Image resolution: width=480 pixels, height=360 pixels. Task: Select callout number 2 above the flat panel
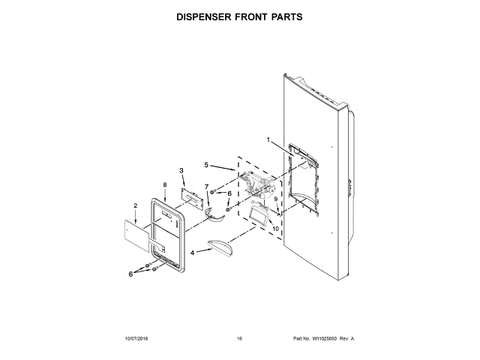(x=135, y=205)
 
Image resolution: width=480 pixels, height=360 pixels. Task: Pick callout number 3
(x=181, y=170)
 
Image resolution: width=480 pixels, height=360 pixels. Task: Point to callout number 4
(x=192, y=253)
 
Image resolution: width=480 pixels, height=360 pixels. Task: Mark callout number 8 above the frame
(x=164, y=184)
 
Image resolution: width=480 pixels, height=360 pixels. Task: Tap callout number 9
(x=275, y=199)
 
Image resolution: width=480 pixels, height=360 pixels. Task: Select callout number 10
(x=275, y=228)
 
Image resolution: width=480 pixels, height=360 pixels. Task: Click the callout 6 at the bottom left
(x=130, y=274)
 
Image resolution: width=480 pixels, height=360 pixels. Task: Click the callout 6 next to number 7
(x=219, y=193)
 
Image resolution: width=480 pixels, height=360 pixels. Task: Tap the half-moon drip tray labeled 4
(x=220, y=244)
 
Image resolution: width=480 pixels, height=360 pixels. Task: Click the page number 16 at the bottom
(x=239, y=339)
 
